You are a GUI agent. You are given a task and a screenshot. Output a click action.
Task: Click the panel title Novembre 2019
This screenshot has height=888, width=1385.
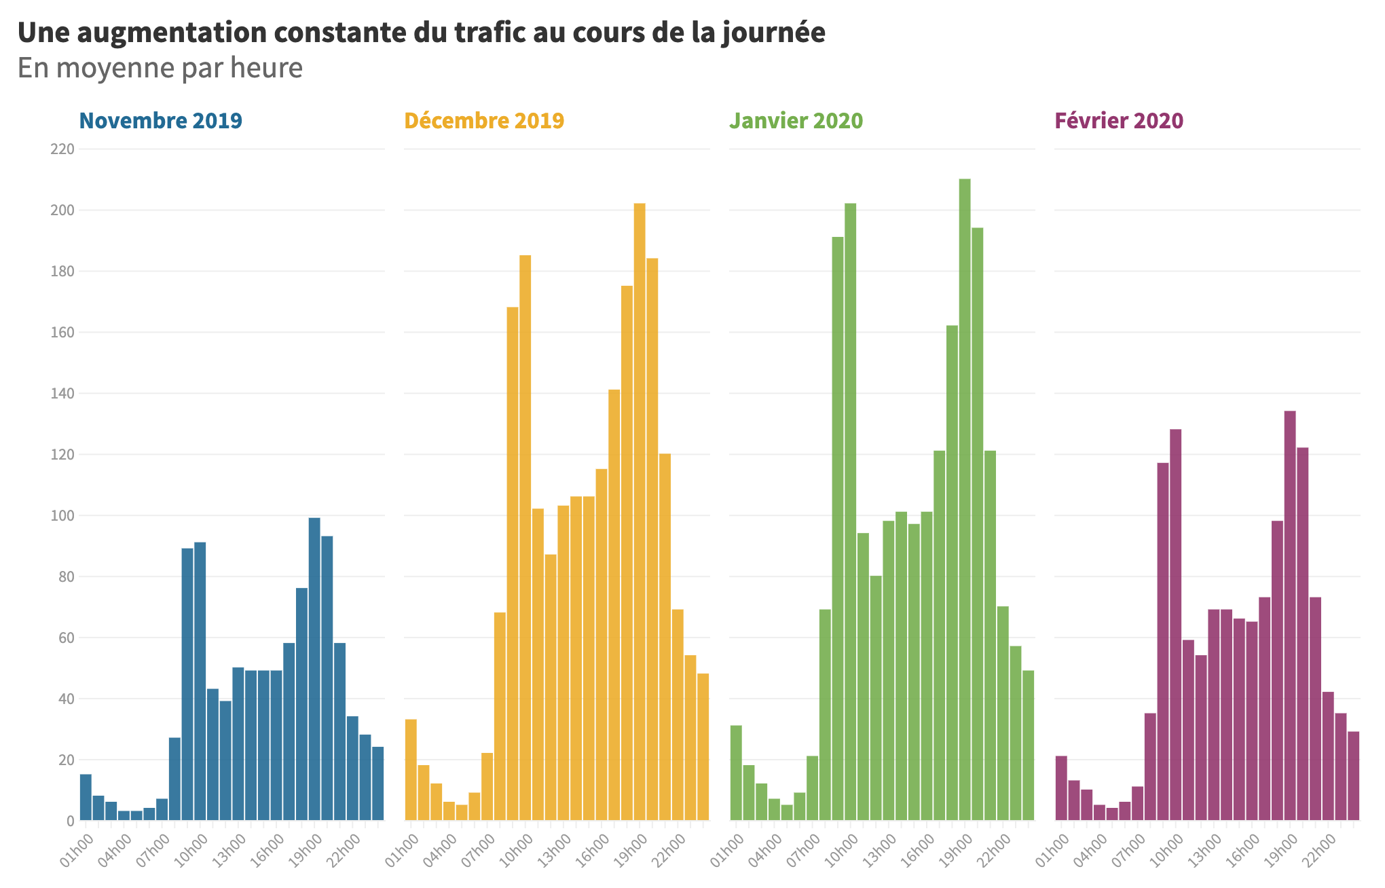tap(161, 121)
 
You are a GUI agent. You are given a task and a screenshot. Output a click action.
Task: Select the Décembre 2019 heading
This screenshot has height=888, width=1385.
tap(484, 121)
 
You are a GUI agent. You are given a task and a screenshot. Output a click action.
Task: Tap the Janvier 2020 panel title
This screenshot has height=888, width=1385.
tap(796, 121)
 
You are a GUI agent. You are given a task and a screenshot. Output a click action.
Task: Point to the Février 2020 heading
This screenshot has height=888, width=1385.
tap(1119, 121)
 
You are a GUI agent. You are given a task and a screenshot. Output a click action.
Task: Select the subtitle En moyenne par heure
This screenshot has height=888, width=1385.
tap(160, 68)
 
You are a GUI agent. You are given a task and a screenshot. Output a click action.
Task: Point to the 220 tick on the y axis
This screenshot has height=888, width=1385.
tap(62, 149)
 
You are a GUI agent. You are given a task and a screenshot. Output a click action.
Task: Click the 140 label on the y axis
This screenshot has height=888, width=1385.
tap(62, 394)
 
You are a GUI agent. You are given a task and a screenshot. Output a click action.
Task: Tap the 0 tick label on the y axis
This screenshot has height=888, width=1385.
tap(70, 821)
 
